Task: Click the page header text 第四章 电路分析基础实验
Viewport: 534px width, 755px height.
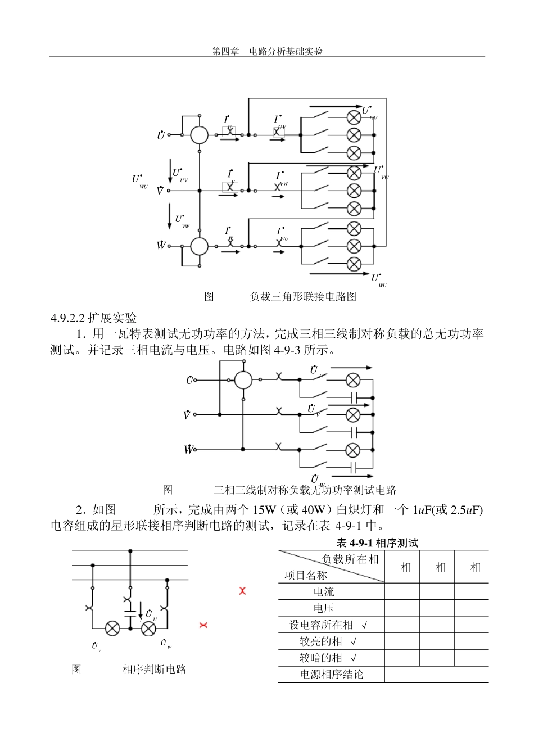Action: coord(267,51)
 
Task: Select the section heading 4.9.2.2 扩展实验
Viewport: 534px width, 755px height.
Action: coord(93,318)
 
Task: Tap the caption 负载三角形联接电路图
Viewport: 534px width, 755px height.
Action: coord(303,296)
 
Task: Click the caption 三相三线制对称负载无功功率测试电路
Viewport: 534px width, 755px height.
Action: coord(305,490)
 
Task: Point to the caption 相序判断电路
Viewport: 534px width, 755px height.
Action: coord(154,669)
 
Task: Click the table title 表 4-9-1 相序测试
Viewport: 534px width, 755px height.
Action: coord(377,542)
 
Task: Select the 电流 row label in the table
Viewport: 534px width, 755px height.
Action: coord(324,591)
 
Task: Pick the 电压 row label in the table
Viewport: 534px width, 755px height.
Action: coord(324,608)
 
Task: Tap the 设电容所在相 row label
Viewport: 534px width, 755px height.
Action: coord(321,625)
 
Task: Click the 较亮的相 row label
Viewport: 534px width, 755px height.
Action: coord(321,641)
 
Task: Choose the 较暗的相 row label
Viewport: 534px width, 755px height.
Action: coord(321,657)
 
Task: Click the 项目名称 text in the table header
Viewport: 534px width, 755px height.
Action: coord(305,575)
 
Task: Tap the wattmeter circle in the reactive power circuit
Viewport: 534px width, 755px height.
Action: coord(243,380)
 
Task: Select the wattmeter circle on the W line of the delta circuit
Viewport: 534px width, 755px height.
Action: coord(199,246)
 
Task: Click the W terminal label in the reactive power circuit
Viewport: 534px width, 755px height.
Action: coord(188,449)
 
